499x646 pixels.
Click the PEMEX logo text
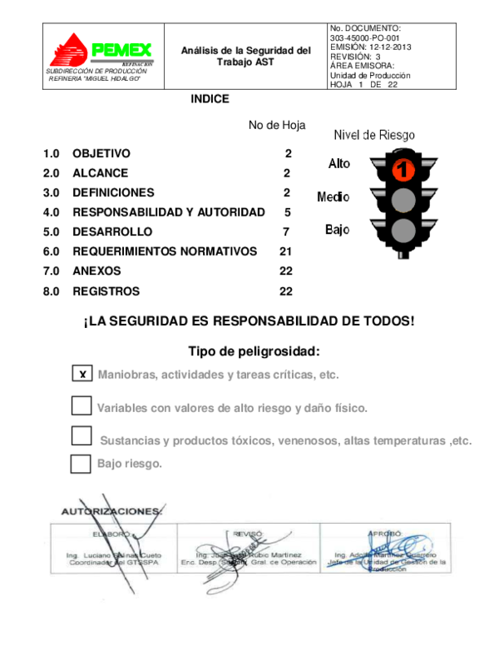(x=121, y=51)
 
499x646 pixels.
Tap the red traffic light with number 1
(x=403, y=169)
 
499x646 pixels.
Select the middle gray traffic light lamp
(x=403, y=200)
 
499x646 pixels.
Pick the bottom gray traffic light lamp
(x=403, y=230)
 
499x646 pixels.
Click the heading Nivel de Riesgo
(x=374, y=135)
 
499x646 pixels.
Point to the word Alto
(x=339, y=164)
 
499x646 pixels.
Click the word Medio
(x=333, y=197)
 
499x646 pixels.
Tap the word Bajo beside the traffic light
(x=337, y=230)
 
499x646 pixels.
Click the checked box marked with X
(x=82, y=374)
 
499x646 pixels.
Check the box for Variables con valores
(x=82, y=406)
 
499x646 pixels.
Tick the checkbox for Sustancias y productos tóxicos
(x=82, y=436)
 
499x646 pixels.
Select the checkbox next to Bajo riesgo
(x=81, y=464)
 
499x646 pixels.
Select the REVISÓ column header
(x=248, y=533)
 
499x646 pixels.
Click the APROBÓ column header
(x=384, y=533)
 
